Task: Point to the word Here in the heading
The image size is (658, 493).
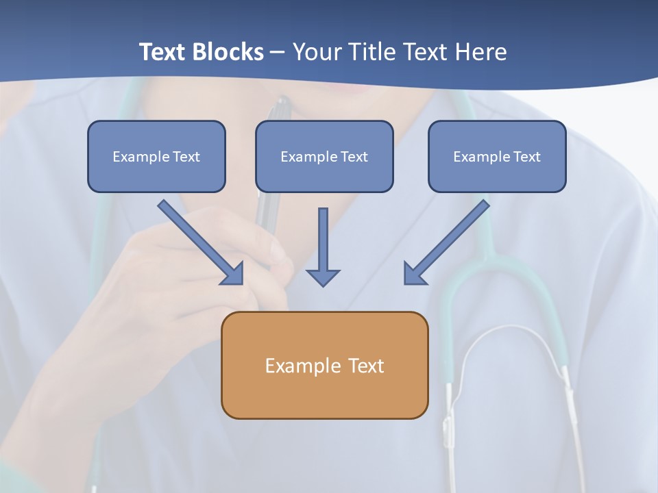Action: (481, 52)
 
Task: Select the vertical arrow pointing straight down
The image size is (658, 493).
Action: (323, 246)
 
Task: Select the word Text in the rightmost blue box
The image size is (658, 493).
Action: (526, 157)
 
